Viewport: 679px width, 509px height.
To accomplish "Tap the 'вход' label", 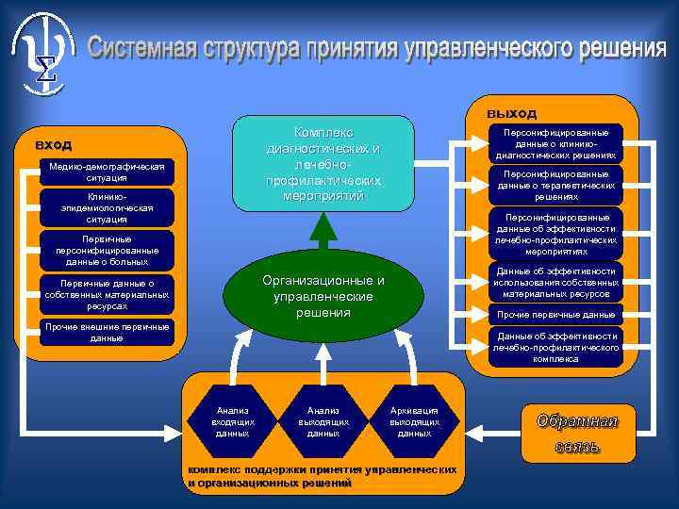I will tap(54, 144).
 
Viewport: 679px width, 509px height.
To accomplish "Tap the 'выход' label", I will tap(511, 112).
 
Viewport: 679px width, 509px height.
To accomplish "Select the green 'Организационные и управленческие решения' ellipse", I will tap(323, 296).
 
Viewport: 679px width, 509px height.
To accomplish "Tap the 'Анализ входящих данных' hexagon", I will tap(232, 420).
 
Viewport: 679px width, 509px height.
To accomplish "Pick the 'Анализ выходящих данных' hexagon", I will tap(323, 420).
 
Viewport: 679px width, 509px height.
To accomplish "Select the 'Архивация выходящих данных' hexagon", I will tap(415, 420).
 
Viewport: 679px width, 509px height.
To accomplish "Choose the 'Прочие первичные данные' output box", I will tap(556, 314).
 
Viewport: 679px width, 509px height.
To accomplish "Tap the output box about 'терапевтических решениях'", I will tap(556, 186).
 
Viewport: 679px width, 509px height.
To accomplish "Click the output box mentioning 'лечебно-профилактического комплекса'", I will tap(556, 347).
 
